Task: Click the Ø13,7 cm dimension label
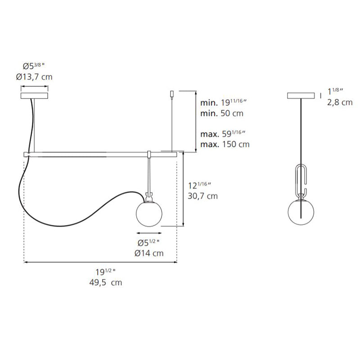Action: click(34, 76)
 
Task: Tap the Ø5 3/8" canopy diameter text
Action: click(33, 66)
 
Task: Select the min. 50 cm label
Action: click(222, 113)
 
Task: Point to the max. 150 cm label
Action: click(225, 144)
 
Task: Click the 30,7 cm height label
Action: click(203, 196)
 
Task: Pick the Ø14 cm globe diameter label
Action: click(149, 253)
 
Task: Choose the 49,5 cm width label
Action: click(106, 282)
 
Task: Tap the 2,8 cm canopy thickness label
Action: click(340, 102)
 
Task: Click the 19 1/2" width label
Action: click(105, 272)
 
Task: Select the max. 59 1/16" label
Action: click(223, 134)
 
